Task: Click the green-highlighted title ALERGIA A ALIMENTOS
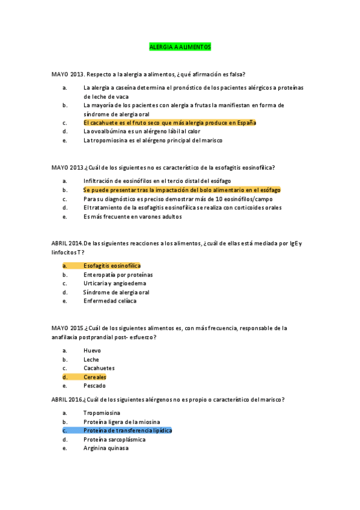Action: coord(180,46)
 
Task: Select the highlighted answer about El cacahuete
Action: coord(169,123)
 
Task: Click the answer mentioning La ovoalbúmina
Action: coord(142,132)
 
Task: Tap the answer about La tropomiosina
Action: coord(153,141)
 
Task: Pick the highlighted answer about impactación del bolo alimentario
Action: coord(182,190)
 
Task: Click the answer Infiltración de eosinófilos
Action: coord(157,181)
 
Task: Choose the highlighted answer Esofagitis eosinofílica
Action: coord(112,265)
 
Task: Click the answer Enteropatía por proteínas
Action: coord(118,274)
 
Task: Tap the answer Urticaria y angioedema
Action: coord(115,283)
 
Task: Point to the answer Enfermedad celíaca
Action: coord(110,301)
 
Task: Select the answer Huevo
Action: coord(92,350)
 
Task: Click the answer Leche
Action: coord(91,359)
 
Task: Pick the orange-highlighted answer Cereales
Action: coord(95,377)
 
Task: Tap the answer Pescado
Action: coord(94,386)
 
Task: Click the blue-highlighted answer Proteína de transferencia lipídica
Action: coord(127,431)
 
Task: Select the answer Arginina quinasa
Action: coord(106,448)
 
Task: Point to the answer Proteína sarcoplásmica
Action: coord(114,440)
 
